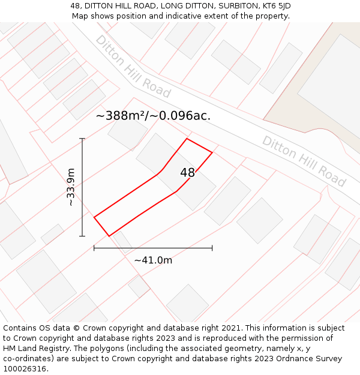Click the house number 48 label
click(x=187, y=173)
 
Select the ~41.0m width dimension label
click(x=153, y=260)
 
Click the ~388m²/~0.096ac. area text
click(x=153, y=116)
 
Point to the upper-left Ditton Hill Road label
click(x=133, y=67)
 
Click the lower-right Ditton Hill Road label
click(x=304, y=161)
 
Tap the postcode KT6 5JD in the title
click(x=271, y=6)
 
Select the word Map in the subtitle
click(x=80, y=16)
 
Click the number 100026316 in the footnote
click(x=25, y=369)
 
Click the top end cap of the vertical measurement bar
click(x=82, y=139)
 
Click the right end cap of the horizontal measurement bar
click(x=212, y=248)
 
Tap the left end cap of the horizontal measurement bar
click(x=94, y=248)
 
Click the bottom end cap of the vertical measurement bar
click(x=82, y=236)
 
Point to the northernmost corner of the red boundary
click(x=187, y=139)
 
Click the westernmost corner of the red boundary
click(x=94, y=217)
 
